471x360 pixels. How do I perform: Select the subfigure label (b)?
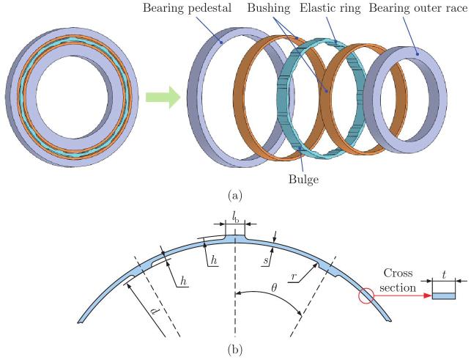click(236, 350)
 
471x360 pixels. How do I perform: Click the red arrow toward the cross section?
click(401, 296)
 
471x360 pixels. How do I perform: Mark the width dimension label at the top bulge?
click(235, 218)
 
